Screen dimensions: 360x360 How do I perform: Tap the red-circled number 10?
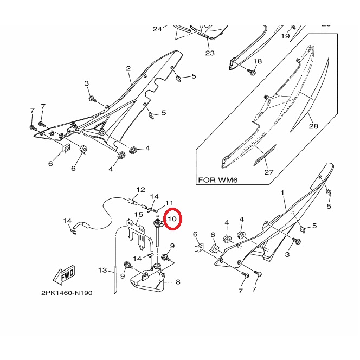pos(172,219)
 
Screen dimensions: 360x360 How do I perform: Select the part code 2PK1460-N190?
pos(67,293)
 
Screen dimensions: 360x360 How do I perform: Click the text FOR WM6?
pos(217,180)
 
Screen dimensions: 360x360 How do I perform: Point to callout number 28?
pos(313,126)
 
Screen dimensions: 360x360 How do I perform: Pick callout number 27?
pos(268,172)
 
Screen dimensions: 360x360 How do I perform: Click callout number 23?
pos(210,53)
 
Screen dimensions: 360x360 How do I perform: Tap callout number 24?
pos(157,29)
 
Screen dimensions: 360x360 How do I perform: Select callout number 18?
pos(258,61)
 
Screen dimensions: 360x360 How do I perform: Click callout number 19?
pos(285,36)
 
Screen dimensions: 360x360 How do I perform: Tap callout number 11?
pos(169,203)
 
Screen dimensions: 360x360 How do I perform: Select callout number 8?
pos(178,282)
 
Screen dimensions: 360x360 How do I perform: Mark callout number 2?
pos(128,68)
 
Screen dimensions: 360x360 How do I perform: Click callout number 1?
pos(282,192)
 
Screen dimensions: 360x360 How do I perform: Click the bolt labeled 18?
pos(252,72)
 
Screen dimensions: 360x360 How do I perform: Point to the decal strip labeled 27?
pos(265,156)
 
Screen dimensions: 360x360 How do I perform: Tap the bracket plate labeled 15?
pos(137,234)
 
